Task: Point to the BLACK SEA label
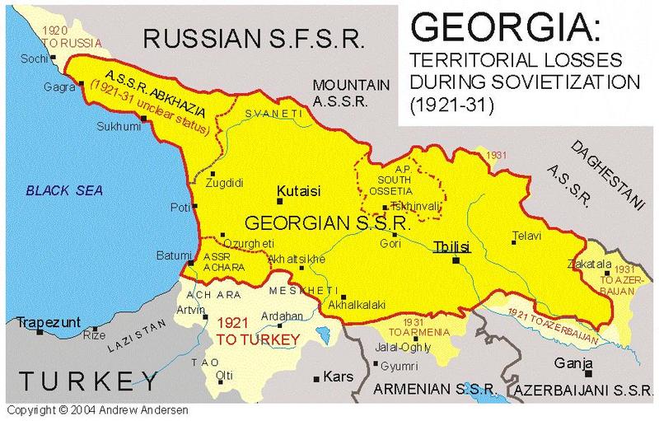point(63,190)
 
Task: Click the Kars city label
point(338,378)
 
